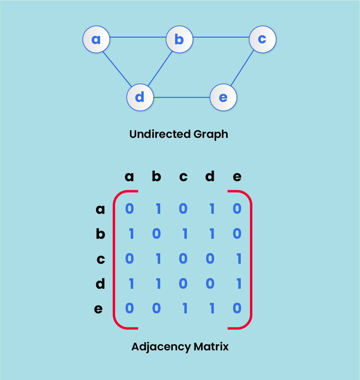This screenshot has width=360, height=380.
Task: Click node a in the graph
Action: [96, 39]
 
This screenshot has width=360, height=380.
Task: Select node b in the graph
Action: [180, 39]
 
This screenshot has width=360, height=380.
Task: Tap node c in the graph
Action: [262, 39]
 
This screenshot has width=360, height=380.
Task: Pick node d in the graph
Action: [140, 98]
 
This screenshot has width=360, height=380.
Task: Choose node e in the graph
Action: [223, 98]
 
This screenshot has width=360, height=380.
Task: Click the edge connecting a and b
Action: [138, 37]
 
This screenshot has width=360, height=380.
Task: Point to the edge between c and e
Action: [242, 69]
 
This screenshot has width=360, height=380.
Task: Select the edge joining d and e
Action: [181, 98]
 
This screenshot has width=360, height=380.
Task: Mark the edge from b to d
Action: [160, 68]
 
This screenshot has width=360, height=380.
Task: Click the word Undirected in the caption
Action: [155, 134]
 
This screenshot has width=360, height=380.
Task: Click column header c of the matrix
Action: [183, 177]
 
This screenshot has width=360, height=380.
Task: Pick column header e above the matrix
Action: [237, 177]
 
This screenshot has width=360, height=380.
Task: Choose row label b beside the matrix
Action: [100, 234]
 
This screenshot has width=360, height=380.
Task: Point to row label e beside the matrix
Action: [99, 309]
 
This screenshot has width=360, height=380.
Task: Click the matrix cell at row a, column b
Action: [158, 209]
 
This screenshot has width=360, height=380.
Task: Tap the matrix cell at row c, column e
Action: [238, 259]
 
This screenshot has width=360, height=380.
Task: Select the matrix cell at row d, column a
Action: [131, 284]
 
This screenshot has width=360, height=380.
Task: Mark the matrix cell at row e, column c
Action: [184, 308]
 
